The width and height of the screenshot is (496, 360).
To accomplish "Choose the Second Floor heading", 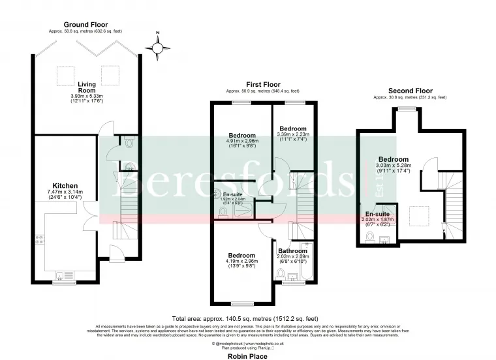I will tap(410, 91).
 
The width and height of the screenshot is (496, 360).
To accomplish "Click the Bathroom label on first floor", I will tap(292, 250).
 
